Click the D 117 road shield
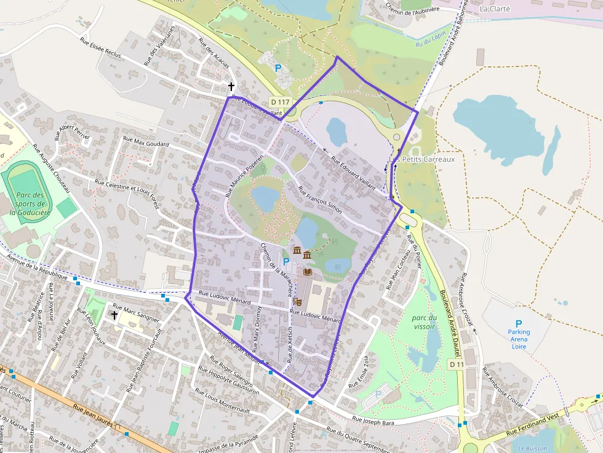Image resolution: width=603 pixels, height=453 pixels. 279,102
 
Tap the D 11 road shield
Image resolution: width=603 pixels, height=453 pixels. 456,364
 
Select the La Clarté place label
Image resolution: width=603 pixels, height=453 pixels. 495,9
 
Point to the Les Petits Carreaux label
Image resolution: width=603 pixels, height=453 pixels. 423,159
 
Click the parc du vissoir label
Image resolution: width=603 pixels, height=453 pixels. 425,322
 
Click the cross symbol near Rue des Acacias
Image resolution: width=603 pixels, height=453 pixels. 231,87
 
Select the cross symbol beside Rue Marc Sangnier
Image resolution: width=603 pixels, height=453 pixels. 114,315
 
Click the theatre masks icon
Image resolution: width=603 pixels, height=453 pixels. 298,302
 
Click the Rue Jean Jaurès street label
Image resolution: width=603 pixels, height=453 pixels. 95,417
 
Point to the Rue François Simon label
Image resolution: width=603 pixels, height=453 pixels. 319,199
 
